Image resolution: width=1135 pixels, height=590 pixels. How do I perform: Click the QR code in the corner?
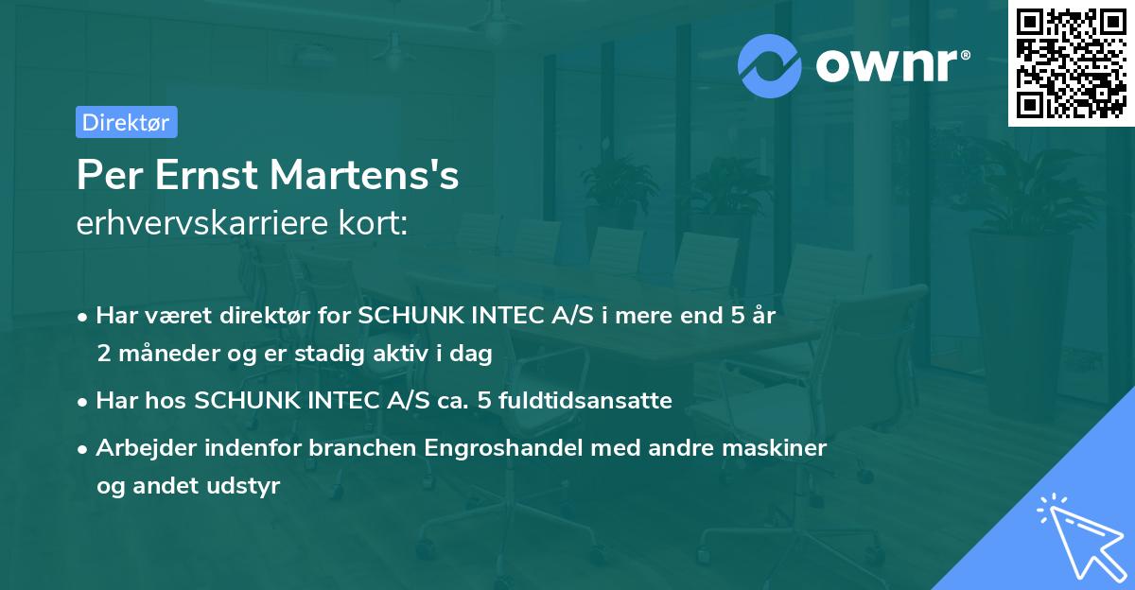click(x=1071, y=63)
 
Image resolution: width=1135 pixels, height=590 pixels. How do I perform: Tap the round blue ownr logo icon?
click(x=770, y=65)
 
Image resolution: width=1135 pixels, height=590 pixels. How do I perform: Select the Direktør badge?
click(x=126, y=122)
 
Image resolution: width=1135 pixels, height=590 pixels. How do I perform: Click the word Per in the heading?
click(x=104, y=177)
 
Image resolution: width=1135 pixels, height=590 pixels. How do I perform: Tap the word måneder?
click(x=160, y=354)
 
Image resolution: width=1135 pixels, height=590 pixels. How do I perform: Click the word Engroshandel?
click(x=492, y=448)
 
